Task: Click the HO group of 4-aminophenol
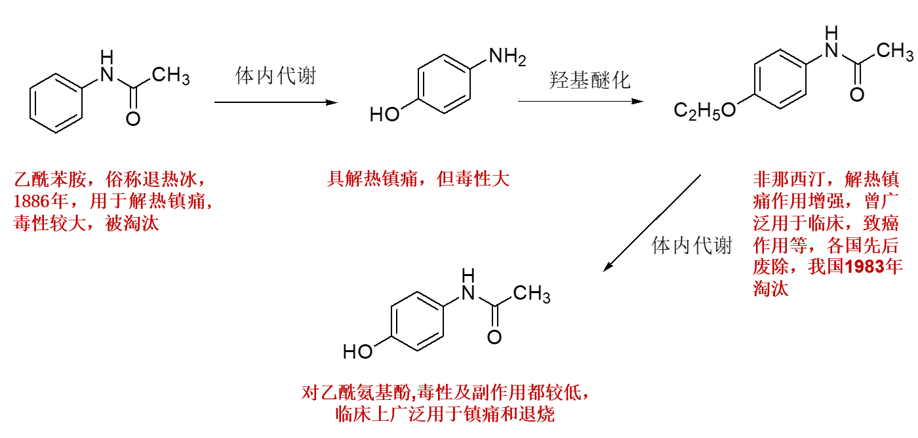click(x=385, y=115)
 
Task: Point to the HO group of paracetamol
click(x=358, y=352)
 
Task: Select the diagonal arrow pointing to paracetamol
click(x=652, y=223)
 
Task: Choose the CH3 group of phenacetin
click(x=894, y=50)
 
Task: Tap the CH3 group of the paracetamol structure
click(x=532, y=294)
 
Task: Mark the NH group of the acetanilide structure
click(x=106, y=67)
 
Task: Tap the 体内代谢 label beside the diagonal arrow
click(x=691, y=246)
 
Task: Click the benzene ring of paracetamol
click(x=418, y=321)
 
